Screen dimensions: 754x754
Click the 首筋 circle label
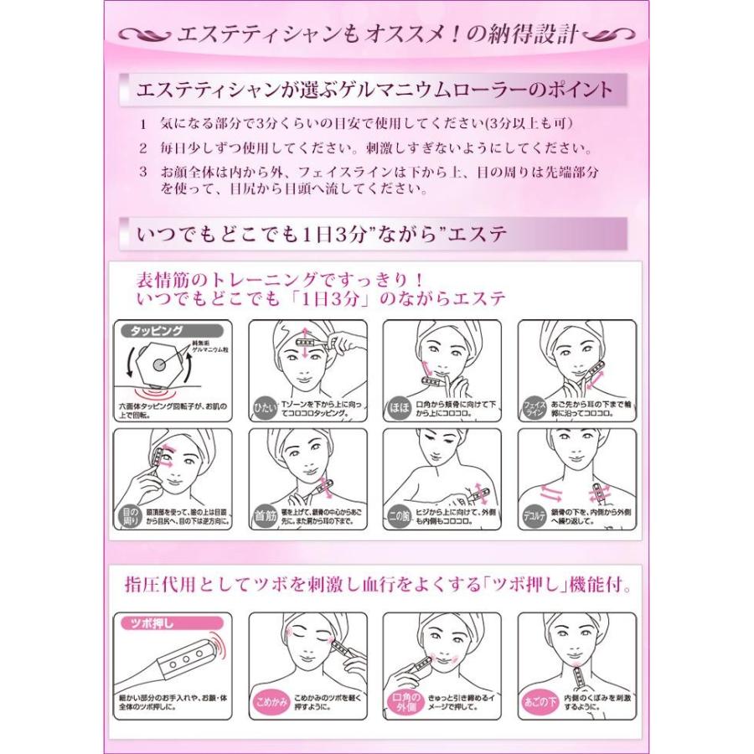[x=265, y=515]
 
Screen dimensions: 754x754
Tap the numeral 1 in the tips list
[x=143, y=124]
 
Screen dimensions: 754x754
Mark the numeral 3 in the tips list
[x=143, y=171]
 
